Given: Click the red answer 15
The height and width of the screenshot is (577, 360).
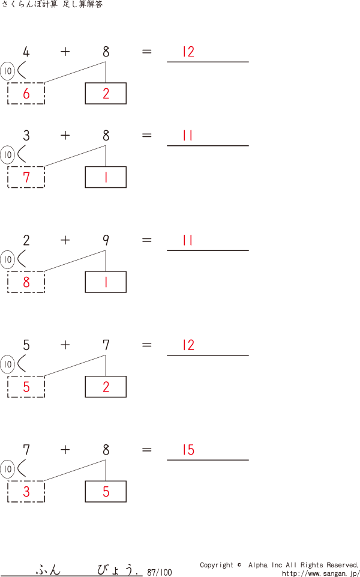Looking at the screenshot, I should click(188, 450).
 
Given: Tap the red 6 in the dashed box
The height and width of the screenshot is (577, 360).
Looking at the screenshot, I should click(26, 94).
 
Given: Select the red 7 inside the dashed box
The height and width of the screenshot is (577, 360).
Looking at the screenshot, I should click(26, 177).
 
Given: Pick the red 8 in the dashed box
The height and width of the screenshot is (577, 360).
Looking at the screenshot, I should click(26, 282).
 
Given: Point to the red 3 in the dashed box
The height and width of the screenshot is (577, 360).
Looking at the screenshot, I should click(26, 492).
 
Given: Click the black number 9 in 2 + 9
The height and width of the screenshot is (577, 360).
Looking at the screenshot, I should click(106, 240).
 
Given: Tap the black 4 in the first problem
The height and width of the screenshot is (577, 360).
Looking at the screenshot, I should click(26, 52).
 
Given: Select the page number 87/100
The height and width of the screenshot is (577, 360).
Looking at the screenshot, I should click(159, 573).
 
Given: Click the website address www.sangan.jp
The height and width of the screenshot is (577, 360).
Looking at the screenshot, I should click(320, 573).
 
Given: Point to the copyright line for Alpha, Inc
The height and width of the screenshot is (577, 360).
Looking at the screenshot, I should click(279, 565).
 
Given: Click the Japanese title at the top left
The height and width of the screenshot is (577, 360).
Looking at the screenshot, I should click(52, 5).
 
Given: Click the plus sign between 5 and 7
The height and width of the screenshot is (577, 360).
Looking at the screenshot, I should click(65, 345).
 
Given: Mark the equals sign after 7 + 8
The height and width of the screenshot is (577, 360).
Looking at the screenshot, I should click(147, 450).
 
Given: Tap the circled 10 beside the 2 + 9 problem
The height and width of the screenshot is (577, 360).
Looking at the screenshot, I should click(7, 260).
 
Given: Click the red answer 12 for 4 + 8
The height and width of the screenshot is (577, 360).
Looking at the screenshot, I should click(188, 52).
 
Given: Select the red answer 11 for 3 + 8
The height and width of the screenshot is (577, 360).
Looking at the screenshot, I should click(188, 136).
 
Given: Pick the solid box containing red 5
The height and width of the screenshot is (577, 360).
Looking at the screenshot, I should click(106, 492).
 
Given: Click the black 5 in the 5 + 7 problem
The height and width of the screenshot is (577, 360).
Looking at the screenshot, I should click(26, 345).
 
